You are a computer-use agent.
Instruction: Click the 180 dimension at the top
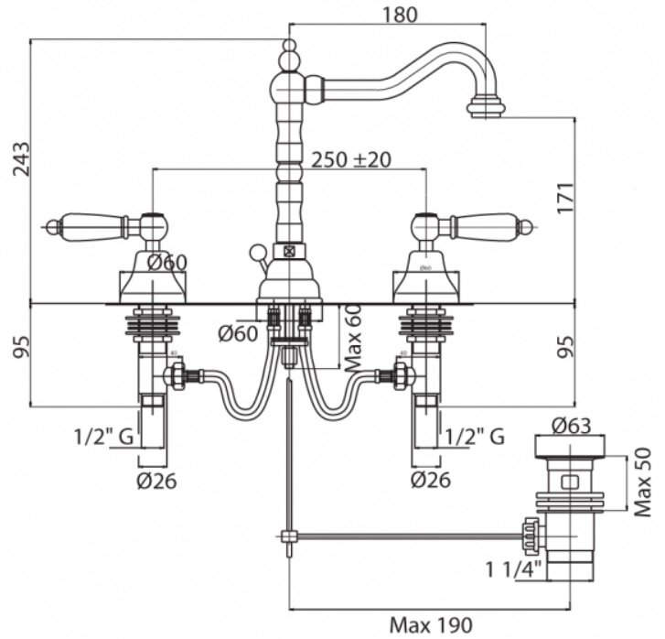[x=401, y=14]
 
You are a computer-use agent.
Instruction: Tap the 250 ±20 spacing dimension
[x=351, y=158]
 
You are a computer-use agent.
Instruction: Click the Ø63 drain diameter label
[x=574, y=426]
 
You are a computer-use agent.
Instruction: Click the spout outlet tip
[x=486, y=110]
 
